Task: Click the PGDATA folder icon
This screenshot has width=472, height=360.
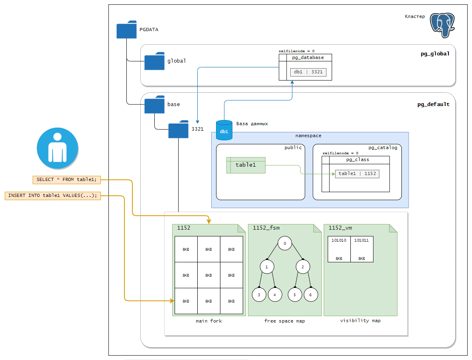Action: [x=127, y=30]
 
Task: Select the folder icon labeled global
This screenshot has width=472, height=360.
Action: [x=154, y=61]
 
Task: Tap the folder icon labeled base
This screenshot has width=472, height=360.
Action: [x=154, y=105]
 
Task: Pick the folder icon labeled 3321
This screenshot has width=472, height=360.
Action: [x=178, y=130]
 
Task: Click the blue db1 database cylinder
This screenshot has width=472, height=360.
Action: [x=224, y=130]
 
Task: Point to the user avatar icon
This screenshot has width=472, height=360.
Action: [x=57, y=148]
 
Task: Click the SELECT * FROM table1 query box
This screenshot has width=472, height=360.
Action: [x=67, y=180]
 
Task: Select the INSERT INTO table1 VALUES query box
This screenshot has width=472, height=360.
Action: [x=53, y=196]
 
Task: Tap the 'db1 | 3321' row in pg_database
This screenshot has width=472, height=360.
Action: [x=308, y=72]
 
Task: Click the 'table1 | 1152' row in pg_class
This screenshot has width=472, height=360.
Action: [x=357, y=174]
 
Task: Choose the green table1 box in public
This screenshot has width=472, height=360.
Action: [x=246, y=165]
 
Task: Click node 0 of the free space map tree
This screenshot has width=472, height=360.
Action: [x=285, y=243]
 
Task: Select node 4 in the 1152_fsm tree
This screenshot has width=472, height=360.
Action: [x=275, y=295]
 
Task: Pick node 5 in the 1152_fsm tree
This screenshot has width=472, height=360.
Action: [x=295, y=295]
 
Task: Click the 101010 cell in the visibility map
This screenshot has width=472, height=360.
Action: [x=339, y=249]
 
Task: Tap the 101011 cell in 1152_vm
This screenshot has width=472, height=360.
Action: [x=362, y=249]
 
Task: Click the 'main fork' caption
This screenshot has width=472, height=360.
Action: [x=209, y=321]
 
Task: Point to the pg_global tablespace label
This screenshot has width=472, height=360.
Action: [x=435, y=54]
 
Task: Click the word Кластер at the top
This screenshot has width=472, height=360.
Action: [x=415, y=16]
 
